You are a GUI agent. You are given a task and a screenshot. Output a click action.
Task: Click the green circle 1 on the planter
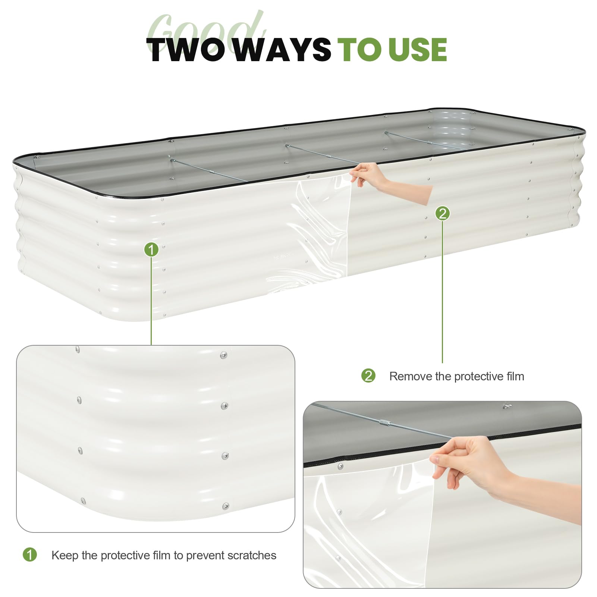click(151, 249)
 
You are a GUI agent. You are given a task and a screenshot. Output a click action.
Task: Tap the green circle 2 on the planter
click(443, 213)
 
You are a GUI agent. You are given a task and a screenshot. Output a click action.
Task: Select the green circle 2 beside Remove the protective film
click(368, 376)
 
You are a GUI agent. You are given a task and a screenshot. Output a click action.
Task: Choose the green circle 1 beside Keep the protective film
click(30, 554)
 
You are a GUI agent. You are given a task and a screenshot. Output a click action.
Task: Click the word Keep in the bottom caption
click(65, 555)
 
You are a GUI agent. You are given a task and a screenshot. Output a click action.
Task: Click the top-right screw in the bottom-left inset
click(223, 355)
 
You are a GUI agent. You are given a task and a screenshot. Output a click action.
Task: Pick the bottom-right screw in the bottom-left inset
click(226, 506)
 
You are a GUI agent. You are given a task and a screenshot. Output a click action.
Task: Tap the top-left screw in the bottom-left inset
click(77, 349)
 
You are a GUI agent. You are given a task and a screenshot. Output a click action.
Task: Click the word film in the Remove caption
click(515, 376)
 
